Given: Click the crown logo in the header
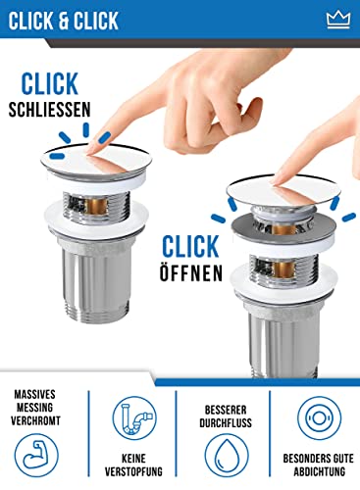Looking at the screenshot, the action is pos(338,20).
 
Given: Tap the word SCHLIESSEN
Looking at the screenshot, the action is pos(49,110).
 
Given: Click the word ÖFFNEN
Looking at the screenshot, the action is pos(191,272).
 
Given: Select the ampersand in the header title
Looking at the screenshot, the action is pos(64,21).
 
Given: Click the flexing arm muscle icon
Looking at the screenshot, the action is pos(36,455).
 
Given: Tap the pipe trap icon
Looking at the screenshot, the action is pos(134,418).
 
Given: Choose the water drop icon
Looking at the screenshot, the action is pos(227,456).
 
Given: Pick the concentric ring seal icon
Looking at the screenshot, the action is pos(320,418).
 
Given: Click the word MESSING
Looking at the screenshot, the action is pos(34,408).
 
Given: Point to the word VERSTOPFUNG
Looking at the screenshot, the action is pos(133,471).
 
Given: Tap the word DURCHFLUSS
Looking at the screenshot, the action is pos(226,422).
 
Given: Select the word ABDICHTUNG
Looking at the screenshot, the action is pos(319,471).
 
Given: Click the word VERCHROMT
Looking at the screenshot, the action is pos(35,420).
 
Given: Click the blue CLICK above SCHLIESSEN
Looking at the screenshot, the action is pos(50,83).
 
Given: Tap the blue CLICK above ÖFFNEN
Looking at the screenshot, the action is pos(190,246).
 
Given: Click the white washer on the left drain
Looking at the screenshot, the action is pos(96,215).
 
